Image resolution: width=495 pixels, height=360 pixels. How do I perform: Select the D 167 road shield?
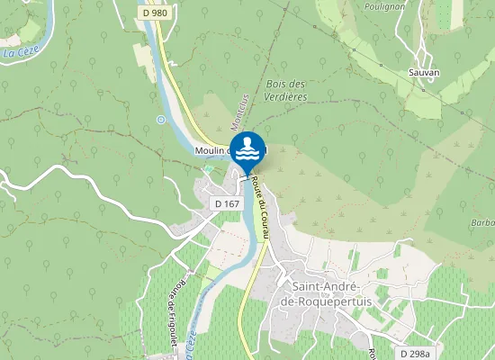click(x=226, y=204)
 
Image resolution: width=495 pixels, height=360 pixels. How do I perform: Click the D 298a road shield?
click(x=416, y=353)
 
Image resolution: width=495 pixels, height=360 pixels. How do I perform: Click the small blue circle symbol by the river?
click(x=160, y=119)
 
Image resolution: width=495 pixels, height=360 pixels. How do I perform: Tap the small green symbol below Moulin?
click(x=209, y=168)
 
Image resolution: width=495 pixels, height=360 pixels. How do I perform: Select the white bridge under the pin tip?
click(x=245, y=176)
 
